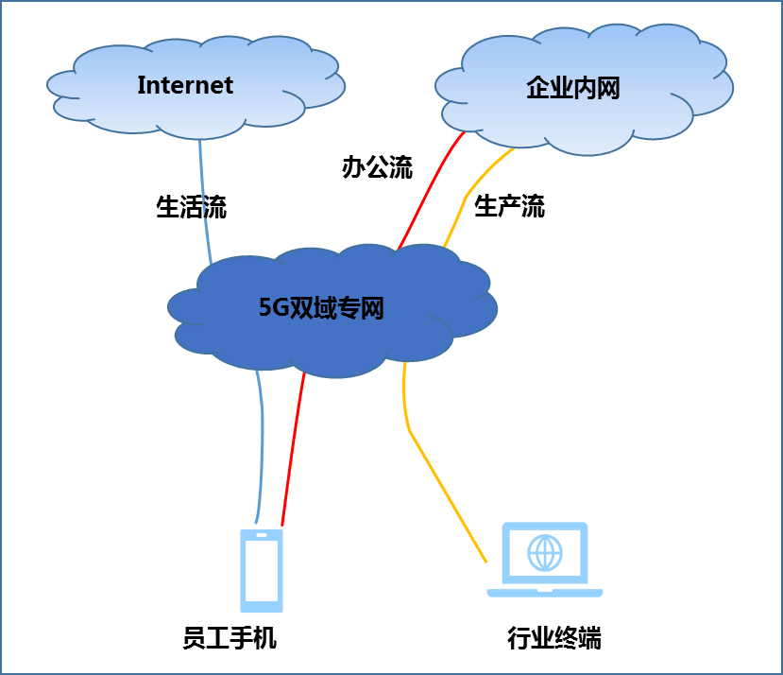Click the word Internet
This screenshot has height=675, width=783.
(x=185, y=85)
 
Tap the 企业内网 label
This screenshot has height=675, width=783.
(x=572, y=89)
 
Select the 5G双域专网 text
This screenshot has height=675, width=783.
(x=321, y=307)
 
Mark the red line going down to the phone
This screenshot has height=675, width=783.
(x=293, y=444)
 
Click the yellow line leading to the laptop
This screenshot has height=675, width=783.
(x=444, y=492)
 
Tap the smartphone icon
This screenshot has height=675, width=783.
(x=262, y=570)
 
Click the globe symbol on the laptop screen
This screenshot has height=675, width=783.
(x=545, y=553)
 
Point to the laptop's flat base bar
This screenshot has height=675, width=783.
(x=545, y=593)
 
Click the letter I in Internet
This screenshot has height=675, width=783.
(x=141, y=85)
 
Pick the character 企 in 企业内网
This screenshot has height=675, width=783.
(x=537, y=89)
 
